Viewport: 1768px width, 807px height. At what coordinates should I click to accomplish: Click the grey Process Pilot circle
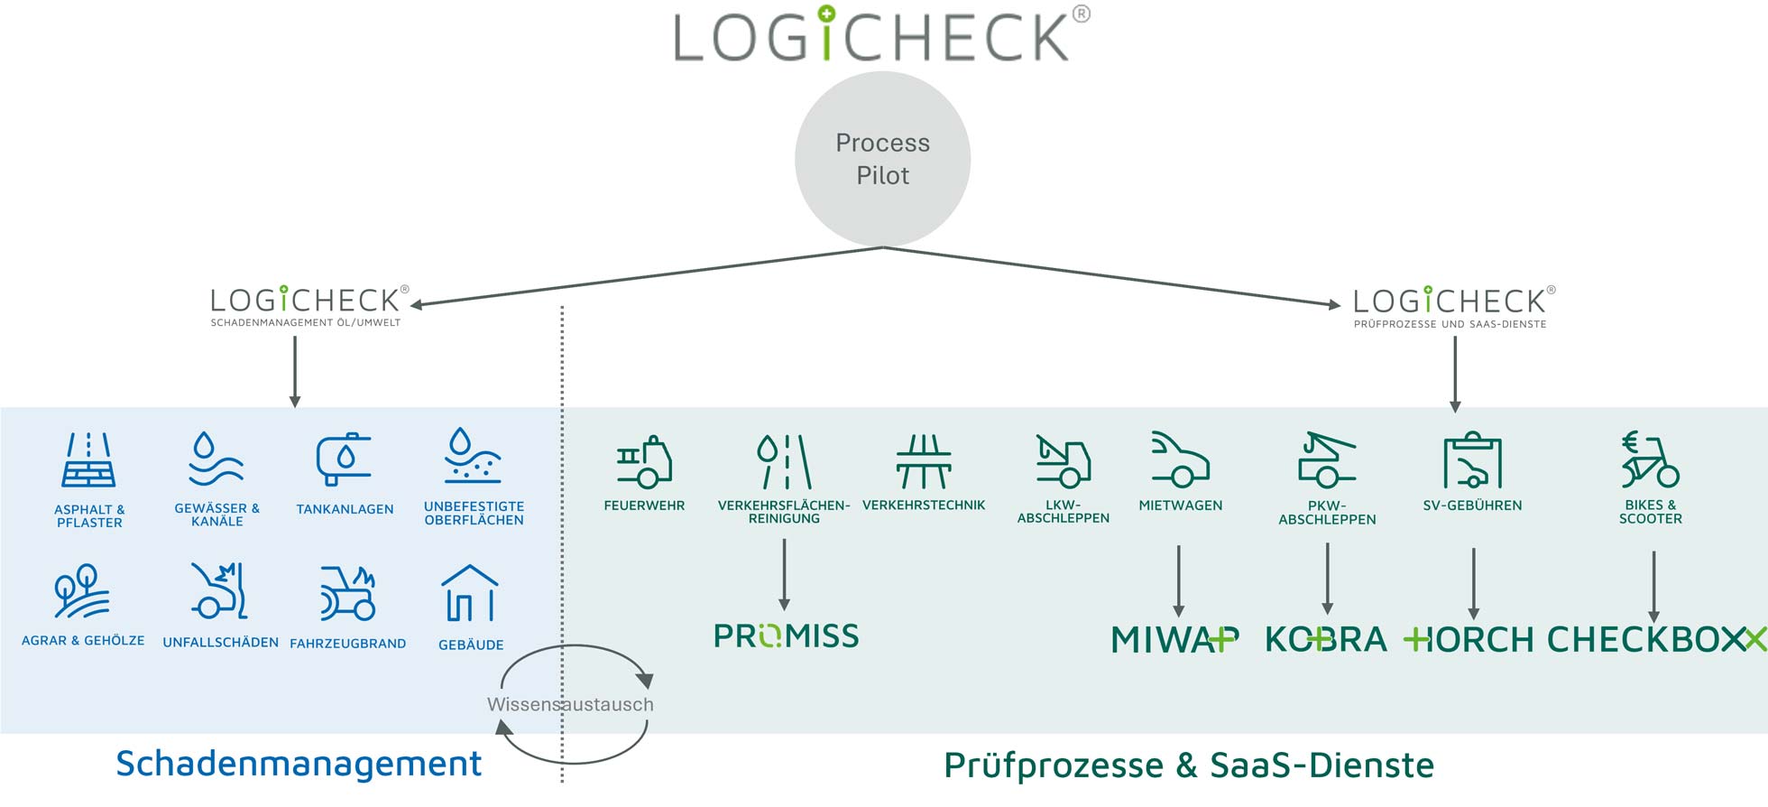882,159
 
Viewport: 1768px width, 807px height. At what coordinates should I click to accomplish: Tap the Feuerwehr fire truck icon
644,461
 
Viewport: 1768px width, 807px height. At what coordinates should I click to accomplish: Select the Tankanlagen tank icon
344,459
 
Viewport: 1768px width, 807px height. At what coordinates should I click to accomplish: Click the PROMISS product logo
786,636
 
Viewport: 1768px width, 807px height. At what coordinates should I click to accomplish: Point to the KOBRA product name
1326,639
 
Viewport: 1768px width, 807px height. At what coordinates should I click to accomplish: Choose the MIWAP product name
1174,639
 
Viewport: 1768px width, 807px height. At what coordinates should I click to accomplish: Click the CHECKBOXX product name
1656,639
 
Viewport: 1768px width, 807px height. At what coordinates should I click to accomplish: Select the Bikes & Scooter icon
1650,460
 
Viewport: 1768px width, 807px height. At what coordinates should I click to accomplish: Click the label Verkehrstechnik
924,506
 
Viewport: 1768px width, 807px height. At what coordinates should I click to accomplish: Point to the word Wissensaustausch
570,704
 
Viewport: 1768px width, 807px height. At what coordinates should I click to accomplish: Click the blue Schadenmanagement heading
299,764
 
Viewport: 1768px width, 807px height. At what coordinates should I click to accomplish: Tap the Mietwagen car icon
1180,460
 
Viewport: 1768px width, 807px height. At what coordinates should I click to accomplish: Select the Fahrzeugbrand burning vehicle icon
347,593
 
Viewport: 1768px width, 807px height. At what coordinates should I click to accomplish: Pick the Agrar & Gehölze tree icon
81,592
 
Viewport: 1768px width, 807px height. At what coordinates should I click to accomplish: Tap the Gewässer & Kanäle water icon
216,459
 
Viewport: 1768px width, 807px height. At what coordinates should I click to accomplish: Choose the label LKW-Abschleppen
1063,512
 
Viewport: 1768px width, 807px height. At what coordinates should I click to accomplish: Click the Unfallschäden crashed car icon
219,592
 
